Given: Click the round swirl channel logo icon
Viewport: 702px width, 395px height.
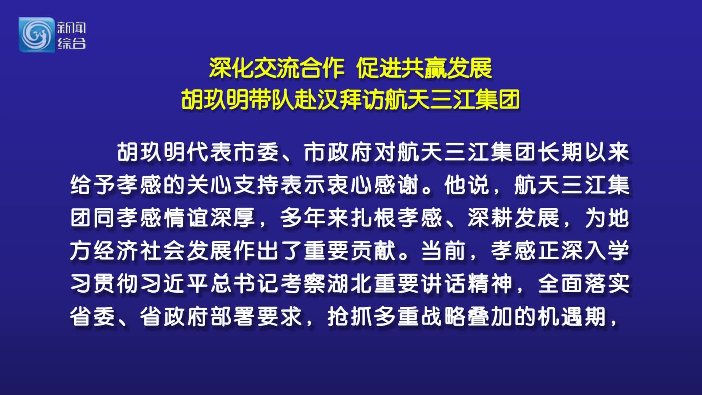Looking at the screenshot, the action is click(36, 35).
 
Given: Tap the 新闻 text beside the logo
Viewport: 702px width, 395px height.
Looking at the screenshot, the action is click(71, 28).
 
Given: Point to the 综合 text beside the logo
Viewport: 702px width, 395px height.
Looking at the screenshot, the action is click(71, 43).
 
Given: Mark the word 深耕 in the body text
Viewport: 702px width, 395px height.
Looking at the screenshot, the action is click(491, 218).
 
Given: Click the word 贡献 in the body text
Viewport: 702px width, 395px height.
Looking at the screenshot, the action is click(374, 251).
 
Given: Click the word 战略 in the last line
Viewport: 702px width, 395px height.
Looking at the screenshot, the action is click(444, 316).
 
